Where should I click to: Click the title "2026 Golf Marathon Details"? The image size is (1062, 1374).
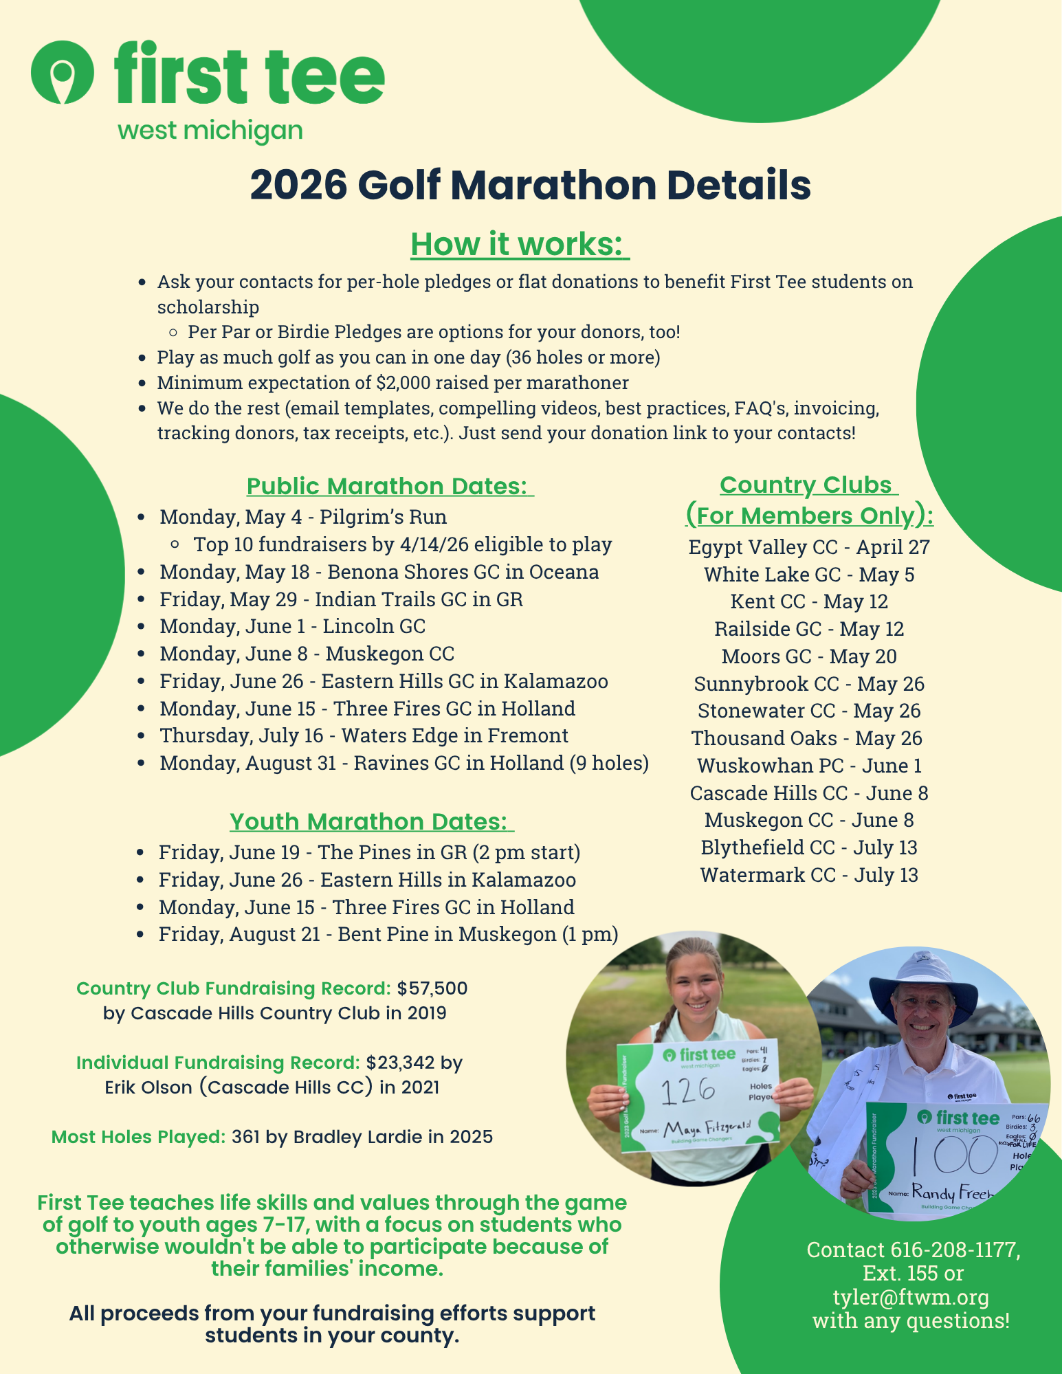pyautogui.click(x=530, y=186)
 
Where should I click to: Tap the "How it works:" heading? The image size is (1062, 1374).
pyautogui.click(x=520, y=244)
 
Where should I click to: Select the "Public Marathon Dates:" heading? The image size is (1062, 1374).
pyautogui.click(x=389, y=486)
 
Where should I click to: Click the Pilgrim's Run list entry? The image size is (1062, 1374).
pyautogui.click(x=303, y=517)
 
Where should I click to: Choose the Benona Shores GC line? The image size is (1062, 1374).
pyautogui.click(x=379, y=572)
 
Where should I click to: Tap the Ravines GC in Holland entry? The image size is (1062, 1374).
pyautogui.click(x=404, y=763)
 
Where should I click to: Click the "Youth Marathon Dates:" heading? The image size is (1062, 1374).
pyautogui.click(x=371, y=821)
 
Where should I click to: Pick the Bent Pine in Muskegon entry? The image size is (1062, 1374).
pyautogui.click(x=388, y=934)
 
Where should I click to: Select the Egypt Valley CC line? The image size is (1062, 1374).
pyautogui.click(x=808, y=547)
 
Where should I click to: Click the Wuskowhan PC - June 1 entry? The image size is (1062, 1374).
pyautogui.click(x=808, y=766)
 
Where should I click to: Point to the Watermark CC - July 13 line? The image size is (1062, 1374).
pyautogui.click(x=808, y=875)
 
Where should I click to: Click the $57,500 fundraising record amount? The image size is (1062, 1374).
pyautogui.click(x=432, y=988)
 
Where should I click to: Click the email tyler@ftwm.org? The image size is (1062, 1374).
pyautogui.click(x=911, y=1297)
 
